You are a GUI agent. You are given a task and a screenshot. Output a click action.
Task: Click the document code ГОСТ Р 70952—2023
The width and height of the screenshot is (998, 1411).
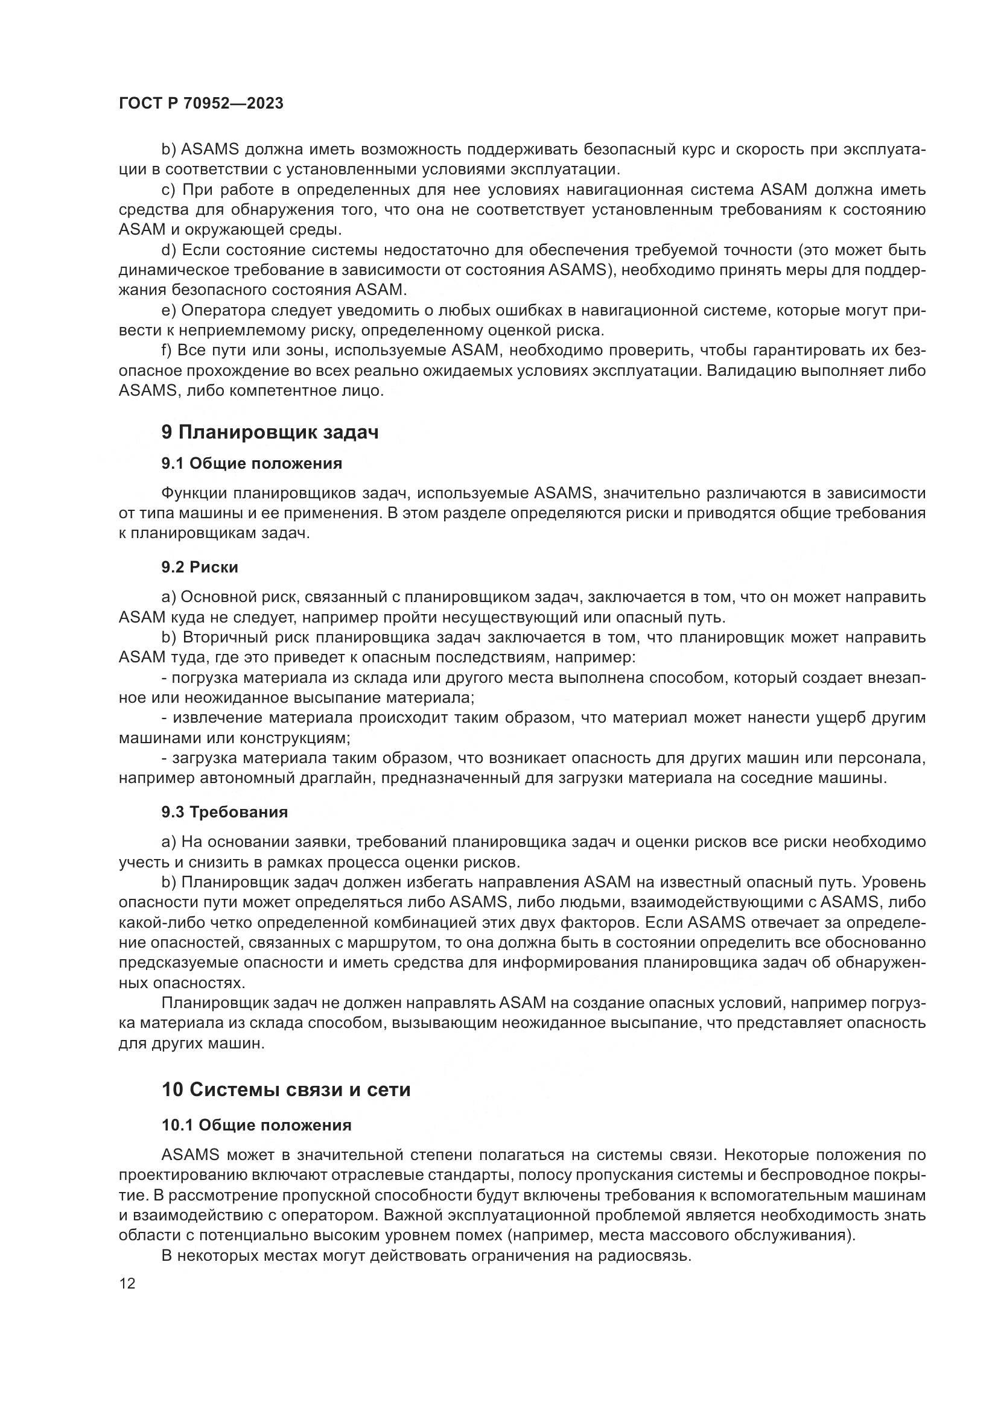coord(201,103)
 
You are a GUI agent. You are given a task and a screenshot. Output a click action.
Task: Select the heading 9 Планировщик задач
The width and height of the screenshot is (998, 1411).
coord(270,432)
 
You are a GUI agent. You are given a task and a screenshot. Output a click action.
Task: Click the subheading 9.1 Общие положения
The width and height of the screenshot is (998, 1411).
coord(252,463)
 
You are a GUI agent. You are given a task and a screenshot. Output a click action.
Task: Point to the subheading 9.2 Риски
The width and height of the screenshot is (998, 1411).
coord(200,566)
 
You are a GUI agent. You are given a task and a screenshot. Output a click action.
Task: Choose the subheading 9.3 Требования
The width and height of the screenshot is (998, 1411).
coord(224,812)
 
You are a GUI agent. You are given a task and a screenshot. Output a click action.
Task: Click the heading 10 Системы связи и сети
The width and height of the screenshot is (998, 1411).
coord(286,1089)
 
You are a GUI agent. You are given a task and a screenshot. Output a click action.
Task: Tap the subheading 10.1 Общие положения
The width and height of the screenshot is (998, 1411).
coord(256,1125)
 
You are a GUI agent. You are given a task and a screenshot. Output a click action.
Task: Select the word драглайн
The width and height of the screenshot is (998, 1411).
coord(340,778)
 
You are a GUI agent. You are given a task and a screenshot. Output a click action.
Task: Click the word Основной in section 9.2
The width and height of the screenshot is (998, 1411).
coord(218,597)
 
